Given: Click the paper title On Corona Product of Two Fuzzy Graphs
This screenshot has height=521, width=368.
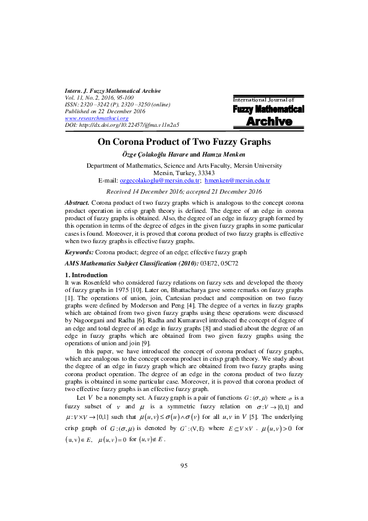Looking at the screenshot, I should click(x=184, y=142).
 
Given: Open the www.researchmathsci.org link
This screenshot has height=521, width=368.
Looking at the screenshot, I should click(x=93, y=118).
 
